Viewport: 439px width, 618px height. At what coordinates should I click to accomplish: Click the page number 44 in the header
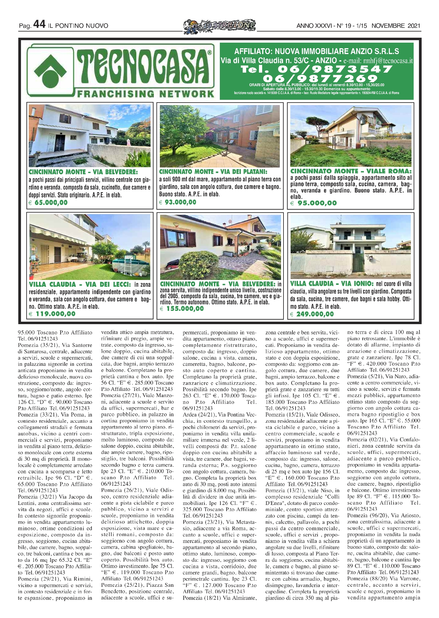click(x=39, y=24)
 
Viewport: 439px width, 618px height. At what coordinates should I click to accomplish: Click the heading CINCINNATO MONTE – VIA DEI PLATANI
click(x=213, y=171)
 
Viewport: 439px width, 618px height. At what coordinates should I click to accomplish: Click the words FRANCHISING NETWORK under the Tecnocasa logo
click(x=146, y=94)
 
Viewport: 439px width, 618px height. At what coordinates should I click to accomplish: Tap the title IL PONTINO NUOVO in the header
click(x=78, y=26)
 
